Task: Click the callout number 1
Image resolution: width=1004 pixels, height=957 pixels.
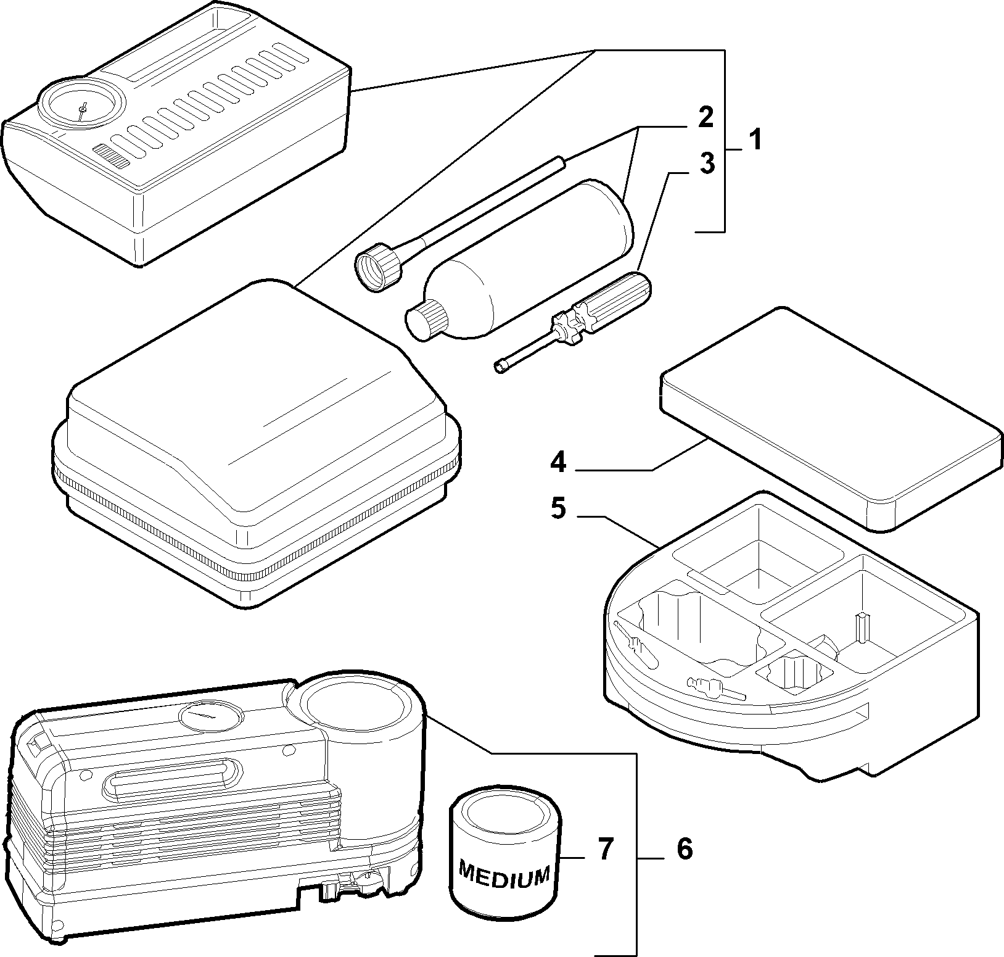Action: [x=755, y=140]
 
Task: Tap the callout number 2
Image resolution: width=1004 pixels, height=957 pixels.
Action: [x=706, y=117]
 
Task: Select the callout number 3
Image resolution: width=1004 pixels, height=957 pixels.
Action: [x=707, y=164]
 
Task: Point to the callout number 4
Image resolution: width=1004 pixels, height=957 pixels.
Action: [x=558, y=462]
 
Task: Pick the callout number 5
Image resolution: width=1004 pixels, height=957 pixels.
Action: [x=558, y=510]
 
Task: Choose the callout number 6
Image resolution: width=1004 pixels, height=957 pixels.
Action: [x=685, y=850]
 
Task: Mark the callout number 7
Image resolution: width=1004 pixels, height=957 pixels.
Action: [x=606, y=850]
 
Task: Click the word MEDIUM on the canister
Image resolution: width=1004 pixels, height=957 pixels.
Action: [x=504, y=875]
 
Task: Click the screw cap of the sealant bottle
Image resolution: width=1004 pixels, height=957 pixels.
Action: [x=426, y=320]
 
